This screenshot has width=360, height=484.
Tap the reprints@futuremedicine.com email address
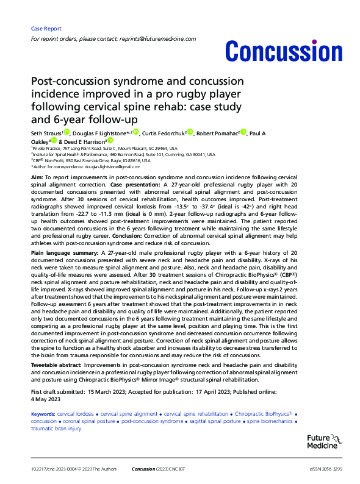pos(167,38)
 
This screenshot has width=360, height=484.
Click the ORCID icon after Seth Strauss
pos(67,131)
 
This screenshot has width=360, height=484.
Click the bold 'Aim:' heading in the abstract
pos(37,176)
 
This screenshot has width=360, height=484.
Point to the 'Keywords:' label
pos(45,414)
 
